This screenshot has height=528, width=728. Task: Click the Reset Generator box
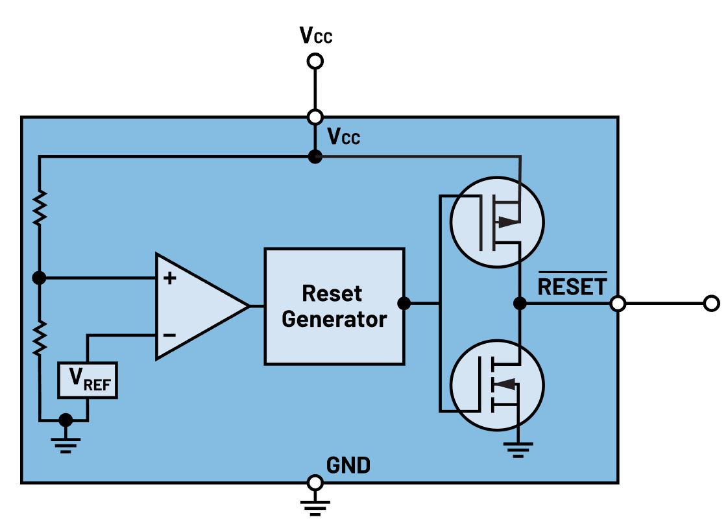[x=334, y=306]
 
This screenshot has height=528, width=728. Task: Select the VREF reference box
[x=88, y=380]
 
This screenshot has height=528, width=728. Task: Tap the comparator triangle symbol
[x=202, y=306]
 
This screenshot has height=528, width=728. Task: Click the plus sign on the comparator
[x=170, y=278]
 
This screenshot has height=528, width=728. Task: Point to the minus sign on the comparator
[x=170, y=335]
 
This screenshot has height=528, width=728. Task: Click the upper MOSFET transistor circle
[x=497, y=222]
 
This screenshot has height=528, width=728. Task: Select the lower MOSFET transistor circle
[x=497, y=385]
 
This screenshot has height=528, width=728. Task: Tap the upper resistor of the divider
[x=40, y=208]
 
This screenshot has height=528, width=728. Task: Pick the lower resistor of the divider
[x=40, y=338]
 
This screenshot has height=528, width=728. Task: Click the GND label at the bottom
[x=348, y=465]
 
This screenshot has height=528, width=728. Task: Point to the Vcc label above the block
[x=316, y=35]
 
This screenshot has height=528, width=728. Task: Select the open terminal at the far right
[x=711, y=304]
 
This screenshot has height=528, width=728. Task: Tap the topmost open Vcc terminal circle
[x=315, y=61]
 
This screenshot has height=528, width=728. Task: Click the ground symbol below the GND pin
[x=315, y=507]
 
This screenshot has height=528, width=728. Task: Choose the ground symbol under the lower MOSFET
[x=518, y=450]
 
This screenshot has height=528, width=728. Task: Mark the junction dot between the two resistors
[x=40, y=278]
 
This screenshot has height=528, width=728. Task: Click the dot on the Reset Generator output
[x=404, y=304]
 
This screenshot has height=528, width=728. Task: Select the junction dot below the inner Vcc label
[x=315, y=157]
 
